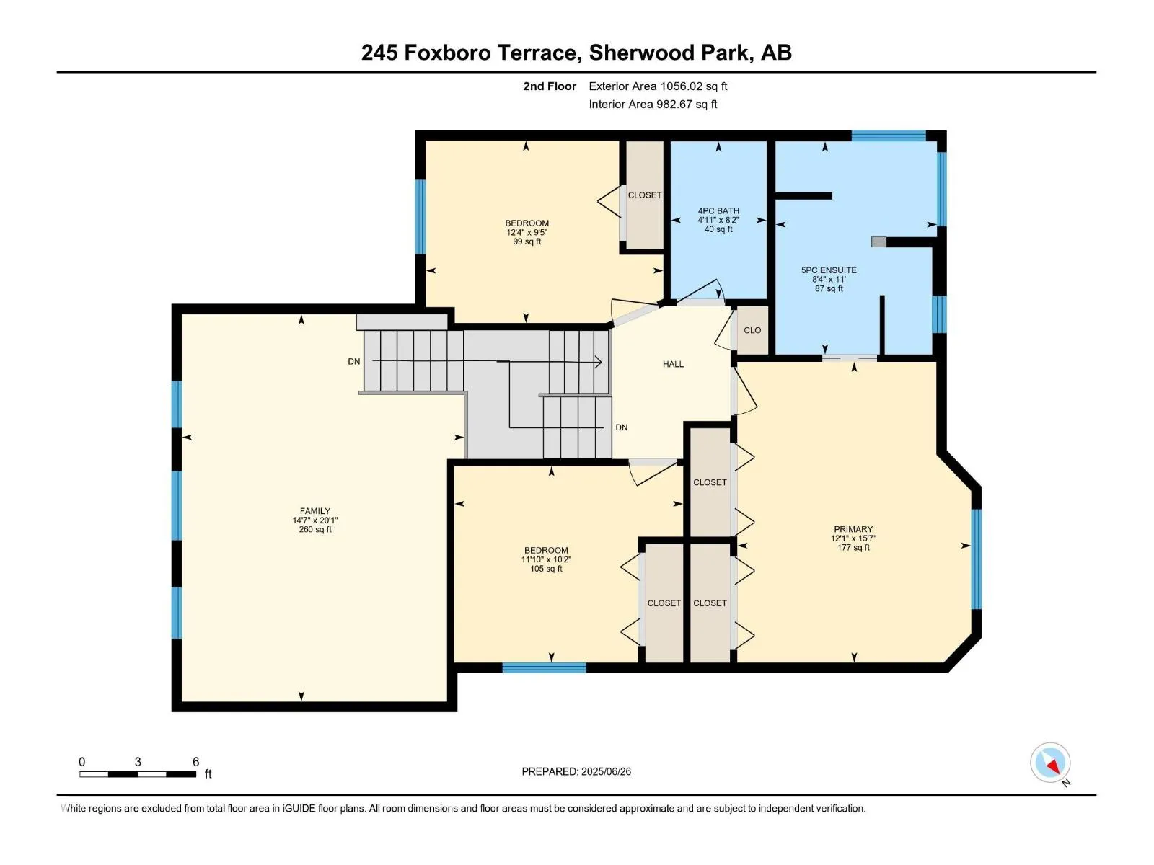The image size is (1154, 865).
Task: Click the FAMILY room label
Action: tap(315, 510)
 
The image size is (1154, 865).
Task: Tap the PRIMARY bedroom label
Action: tap(853, 529)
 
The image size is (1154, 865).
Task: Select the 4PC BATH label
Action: tap(718, 210)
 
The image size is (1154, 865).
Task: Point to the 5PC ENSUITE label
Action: tap(829, 270)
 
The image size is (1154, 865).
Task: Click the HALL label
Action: tap(673, 364)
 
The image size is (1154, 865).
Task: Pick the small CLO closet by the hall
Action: tap(752, 330)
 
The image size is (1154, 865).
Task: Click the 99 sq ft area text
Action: tap(527, 241)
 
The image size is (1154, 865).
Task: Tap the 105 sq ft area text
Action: tap(546, 569)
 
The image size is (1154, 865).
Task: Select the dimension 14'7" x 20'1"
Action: tap(315, 520)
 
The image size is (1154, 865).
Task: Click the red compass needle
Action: tap(1053, 767)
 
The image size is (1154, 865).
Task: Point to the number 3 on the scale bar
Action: tap(138, 761)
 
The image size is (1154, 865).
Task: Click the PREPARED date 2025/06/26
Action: tap(606, 771)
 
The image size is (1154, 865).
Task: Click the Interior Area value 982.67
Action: tap(674, 104)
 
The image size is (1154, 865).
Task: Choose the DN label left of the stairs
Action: tap(354, 361)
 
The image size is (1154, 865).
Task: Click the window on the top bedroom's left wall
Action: tap(420, 217)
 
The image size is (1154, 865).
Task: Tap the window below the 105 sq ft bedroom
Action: tap(544, 667)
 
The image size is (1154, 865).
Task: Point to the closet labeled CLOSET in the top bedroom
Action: tap(645, 195)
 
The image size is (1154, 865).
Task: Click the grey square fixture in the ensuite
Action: tap(878, 241)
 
